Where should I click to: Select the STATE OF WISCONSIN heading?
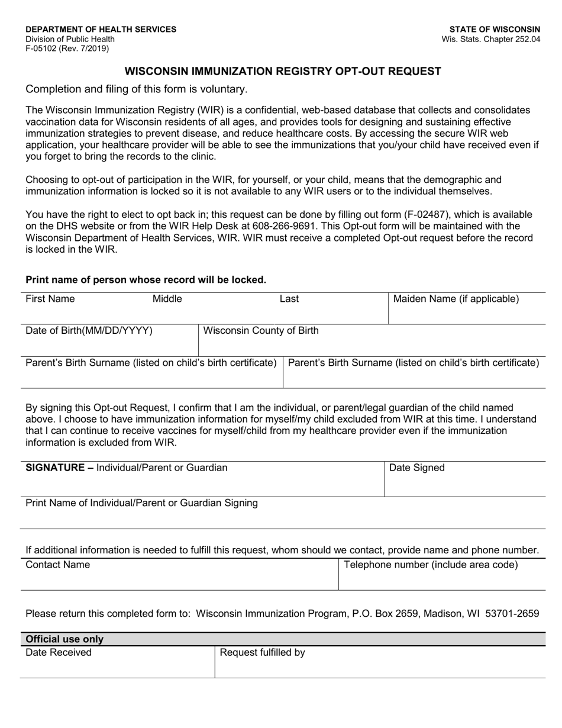(x=495, y=29)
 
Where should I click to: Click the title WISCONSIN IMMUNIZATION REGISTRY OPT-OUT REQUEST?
(x=282, y=72)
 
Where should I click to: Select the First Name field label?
(x=50, y=299)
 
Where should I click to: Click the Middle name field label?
(x=167, y=299)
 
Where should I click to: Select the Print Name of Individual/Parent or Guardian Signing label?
(x=142, y=503)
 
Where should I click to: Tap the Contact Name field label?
(x=58, y=565)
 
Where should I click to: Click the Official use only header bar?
(x=282, y=639)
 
